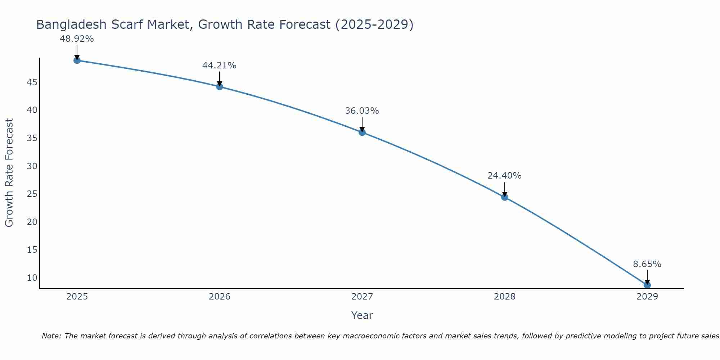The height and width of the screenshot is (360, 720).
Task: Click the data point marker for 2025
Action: click(x=77, y=60)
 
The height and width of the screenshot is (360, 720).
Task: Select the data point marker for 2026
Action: click(x=220, y=86)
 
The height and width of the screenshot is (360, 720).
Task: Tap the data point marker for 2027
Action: click(x=362, y=132)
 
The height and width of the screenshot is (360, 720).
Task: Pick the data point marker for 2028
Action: click(x=505, y=197)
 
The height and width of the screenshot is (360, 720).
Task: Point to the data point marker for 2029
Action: click(x=647, y=285)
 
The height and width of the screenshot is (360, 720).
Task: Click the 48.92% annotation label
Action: click(x=77, y=39)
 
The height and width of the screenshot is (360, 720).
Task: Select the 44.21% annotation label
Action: click(x=219, y=66)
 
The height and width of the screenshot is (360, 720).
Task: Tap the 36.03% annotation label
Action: click(x=362, y=111)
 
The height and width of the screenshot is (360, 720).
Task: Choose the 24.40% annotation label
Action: click(x=504, y=176)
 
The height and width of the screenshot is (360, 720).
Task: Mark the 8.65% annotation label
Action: click(x=647, y=264)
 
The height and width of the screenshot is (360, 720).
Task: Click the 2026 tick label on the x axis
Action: click(x=220, y=297)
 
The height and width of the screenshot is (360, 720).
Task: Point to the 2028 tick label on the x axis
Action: click(x=505, y=297)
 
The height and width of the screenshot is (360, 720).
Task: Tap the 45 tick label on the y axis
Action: click(x=32, y=82)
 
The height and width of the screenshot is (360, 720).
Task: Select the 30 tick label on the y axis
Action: click(x=32, y=166)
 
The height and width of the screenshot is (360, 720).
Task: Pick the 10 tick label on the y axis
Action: click(x=32, y=278)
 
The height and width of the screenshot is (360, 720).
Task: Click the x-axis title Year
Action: click(x=362, y=315)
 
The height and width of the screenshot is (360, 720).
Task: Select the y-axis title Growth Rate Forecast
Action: click(x=9, y=173)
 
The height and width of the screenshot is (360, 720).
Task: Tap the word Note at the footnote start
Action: click(x=51, y=336)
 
